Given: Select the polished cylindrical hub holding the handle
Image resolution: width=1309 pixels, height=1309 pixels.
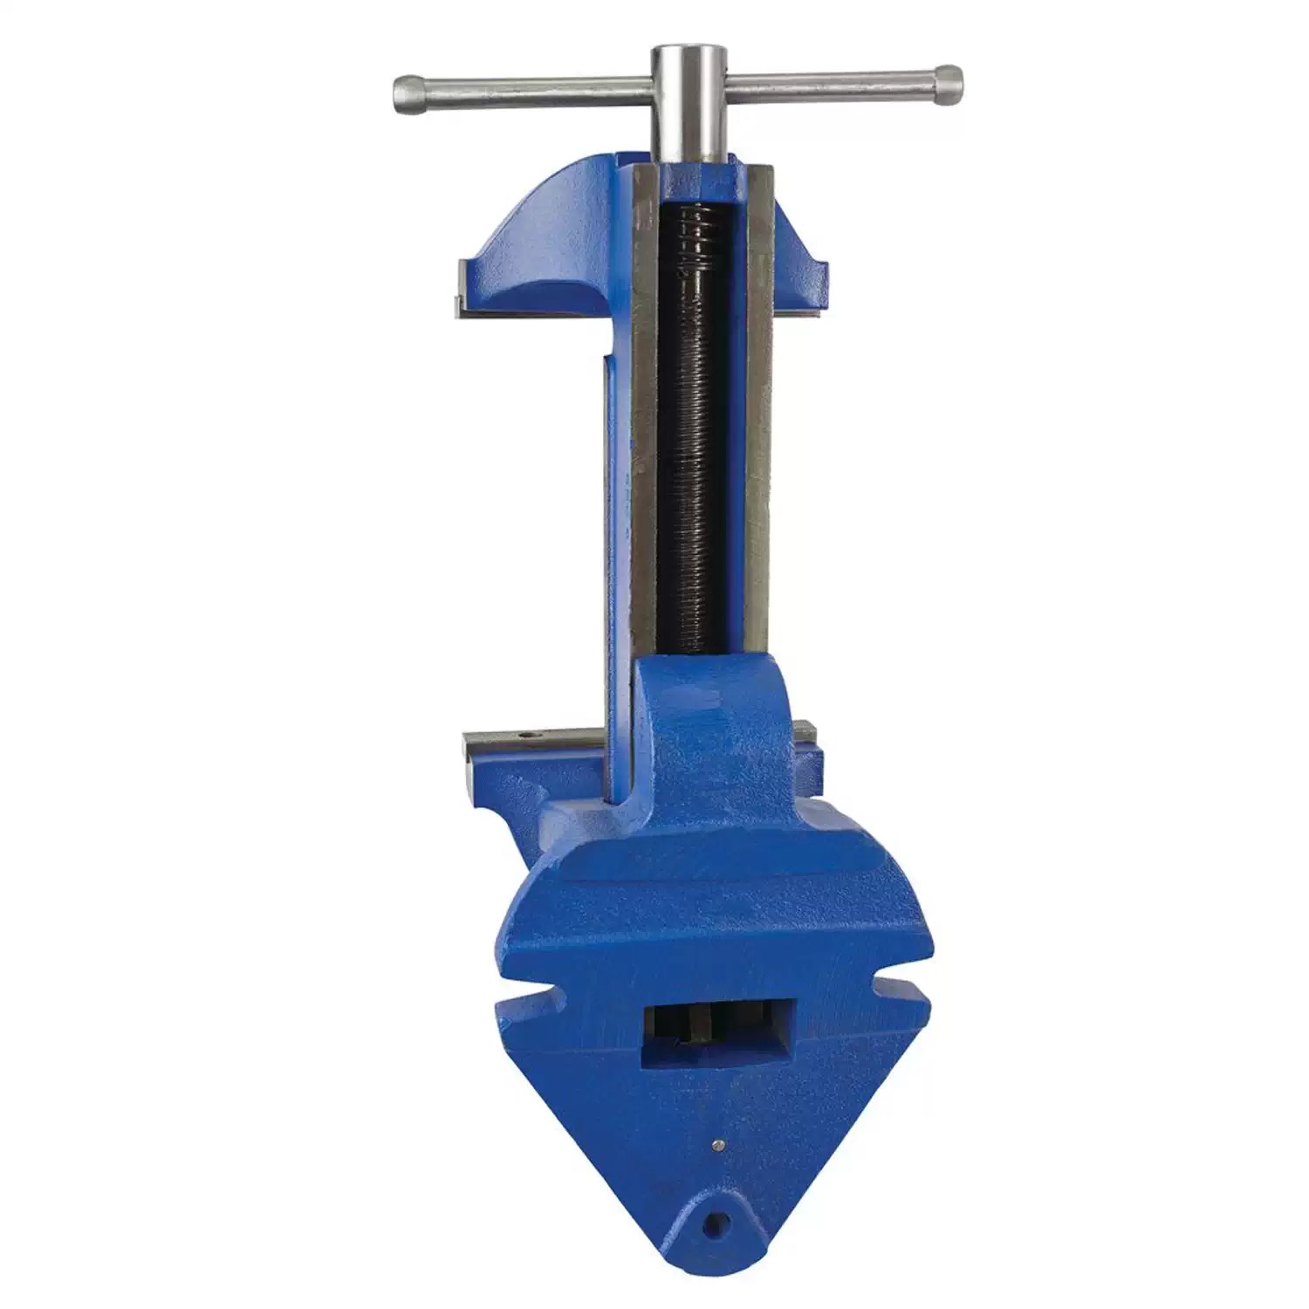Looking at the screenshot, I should point(689,100).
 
